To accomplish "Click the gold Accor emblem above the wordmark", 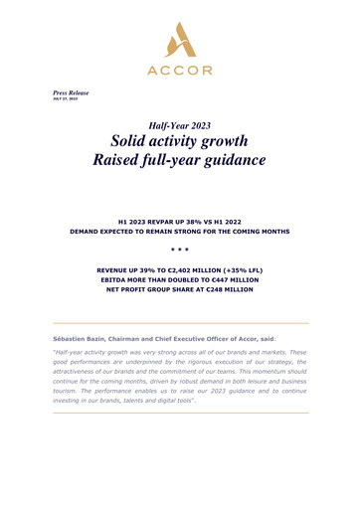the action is point(180,39).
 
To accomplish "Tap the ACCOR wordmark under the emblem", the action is point(180,71).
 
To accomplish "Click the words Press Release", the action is point(71,92).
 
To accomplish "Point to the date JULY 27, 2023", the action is point(65,100).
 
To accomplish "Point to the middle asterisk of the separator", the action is point(180,252).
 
